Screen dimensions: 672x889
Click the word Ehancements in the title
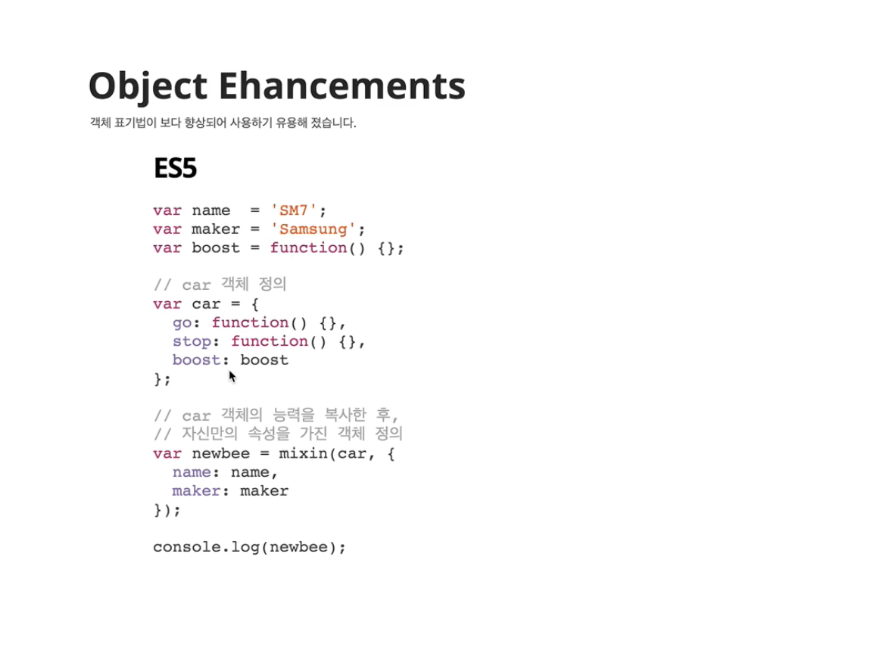(342, 86)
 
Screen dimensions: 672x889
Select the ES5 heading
(175, 168)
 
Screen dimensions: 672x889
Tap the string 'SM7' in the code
(294, 210)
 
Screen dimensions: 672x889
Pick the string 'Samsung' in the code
(313, 229)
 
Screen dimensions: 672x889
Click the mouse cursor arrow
(232, 377)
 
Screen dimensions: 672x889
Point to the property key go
(182, 323)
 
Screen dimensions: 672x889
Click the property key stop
(192, 341)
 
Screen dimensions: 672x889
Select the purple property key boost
(196, 360)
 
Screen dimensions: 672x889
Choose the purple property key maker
(196, 491)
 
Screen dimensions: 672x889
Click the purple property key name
(192, 472)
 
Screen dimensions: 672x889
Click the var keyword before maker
(167, 229)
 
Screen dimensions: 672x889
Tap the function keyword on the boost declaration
(308, 248)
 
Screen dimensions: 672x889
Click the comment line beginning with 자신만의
(278, 434)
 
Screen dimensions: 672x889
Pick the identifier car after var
(206, 304)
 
